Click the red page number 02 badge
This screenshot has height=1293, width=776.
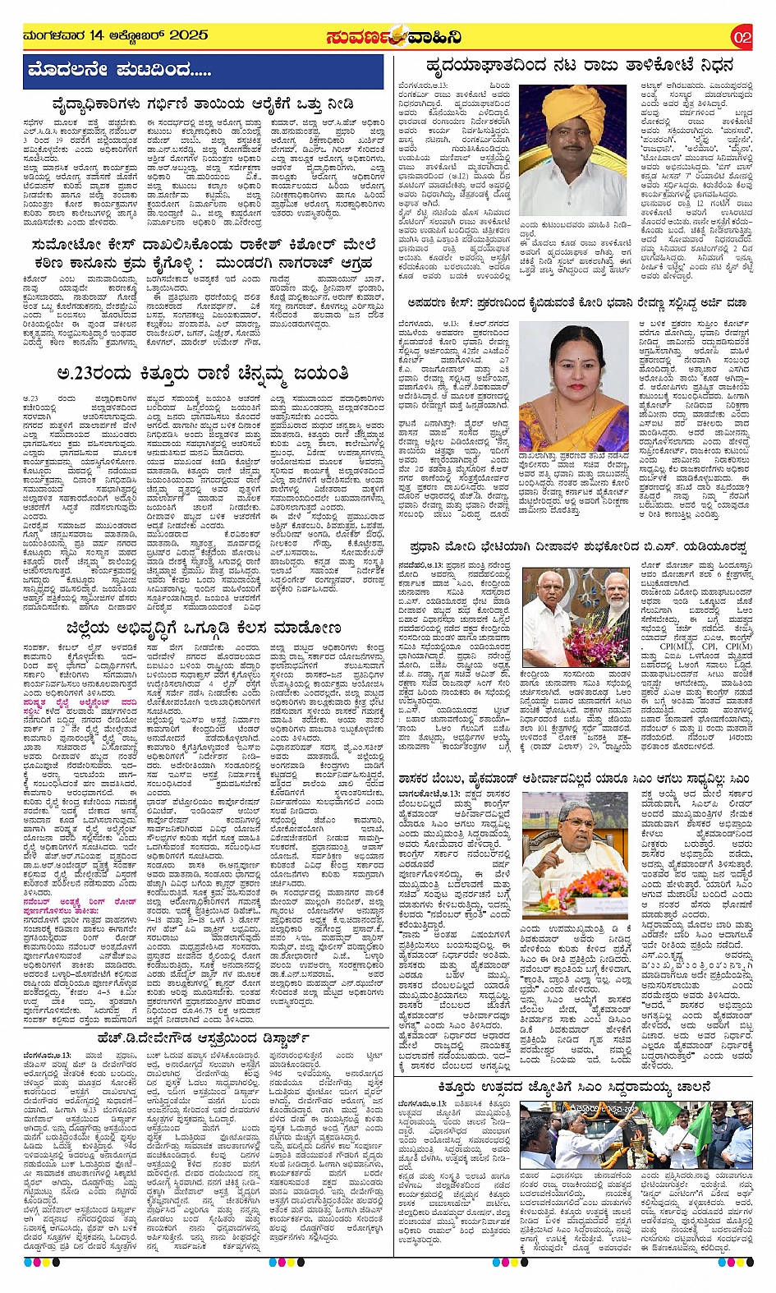[742, 37]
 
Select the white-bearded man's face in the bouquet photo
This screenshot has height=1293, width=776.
[603, 585]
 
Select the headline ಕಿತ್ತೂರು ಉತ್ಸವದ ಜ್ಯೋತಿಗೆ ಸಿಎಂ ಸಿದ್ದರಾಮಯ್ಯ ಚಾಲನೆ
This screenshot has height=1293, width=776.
[574, 1085]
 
